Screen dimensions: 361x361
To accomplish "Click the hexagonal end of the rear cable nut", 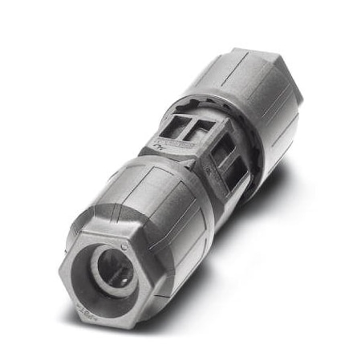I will [281, 88].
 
